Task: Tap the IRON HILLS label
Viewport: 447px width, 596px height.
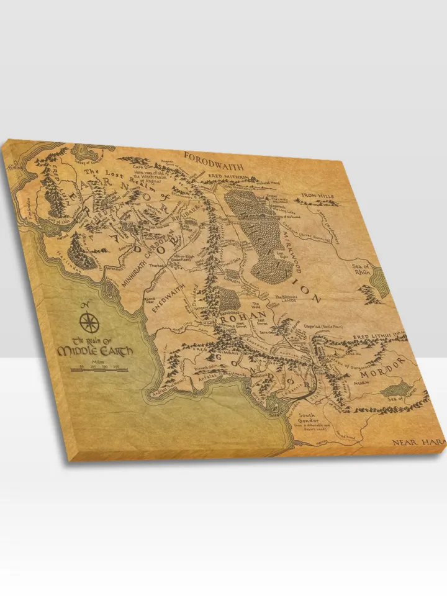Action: point(317,196)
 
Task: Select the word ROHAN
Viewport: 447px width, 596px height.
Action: point(240,322)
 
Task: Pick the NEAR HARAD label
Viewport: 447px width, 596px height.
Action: point(416,443)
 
